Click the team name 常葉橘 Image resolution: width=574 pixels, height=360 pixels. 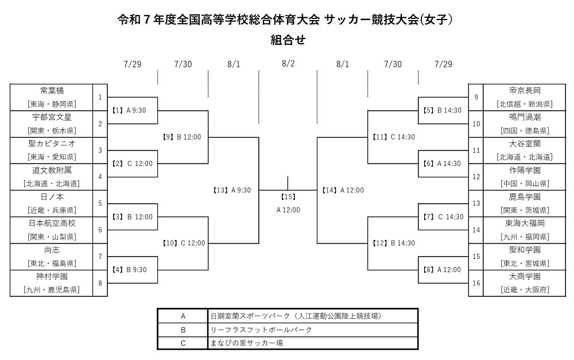point(52,91)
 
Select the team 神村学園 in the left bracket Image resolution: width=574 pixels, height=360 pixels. point(52,277)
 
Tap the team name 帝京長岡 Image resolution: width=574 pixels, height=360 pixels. point(525,91)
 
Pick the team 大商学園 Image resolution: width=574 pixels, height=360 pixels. point(525,277)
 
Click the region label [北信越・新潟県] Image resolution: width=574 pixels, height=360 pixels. point(525,104)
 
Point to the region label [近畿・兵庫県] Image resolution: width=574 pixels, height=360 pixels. point(52,210)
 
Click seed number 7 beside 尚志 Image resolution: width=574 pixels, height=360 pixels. point(100,256)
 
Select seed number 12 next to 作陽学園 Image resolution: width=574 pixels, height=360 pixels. point(476,176)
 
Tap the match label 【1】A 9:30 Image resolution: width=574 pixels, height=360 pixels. point(129,110)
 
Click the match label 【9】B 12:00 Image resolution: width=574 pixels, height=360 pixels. point(181,137)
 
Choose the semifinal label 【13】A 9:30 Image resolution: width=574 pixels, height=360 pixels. point(232,190)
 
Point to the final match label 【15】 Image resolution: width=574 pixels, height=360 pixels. point(288,197)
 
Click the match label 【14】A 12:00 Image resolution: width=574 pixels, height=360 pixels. point(343,190)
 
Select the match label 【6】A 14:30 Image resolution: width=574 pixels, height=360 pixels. point(441,163)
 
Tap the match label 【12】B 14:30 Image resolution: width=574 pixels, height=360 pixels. point(394,243)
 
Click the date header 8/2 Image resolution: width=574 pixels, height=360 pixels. point(288,63)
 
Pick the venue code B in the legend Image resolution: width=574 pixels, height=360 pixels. point(183,330)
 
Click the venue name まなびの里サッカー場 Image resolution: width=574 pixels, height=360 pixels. point(246,343)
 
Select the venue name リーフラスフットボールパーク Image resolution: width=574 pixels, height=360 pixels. point(261,330)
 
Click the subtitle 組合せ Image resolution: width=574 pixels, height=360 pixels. point(288,40)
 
